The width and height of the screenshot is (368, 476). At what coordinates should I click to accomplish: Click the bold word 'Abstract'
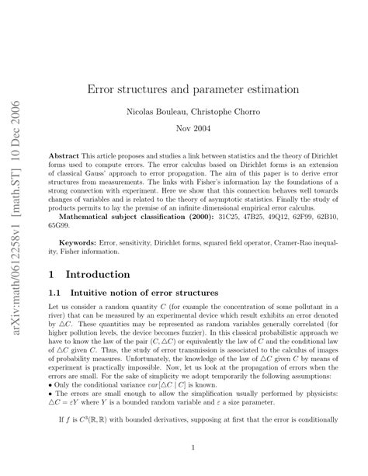64,155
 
